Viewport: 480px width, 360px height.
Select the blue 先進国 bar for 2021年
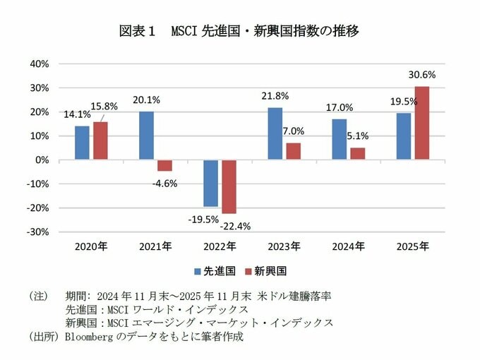[x=146, y=136]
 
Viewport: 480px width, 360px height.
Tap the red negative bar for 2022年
[x=229, y=186]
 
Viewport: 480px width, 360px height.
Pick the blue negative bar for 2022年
[x=210, y=183]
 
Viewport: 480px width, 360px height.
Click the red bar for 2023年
[x=293, y=151]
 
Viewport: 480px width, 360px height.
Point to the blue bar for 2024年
[x=340, y=139]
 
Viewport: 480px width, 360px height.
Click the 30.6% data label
[x=422, y=74]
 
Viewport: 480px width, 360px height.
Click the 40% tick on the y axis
[x=39, y=64]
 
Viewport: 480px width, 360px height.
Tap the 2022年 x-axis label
[x=220, y=246]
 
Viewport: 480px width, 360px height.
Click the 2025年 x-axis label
[x=413, y=246]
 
